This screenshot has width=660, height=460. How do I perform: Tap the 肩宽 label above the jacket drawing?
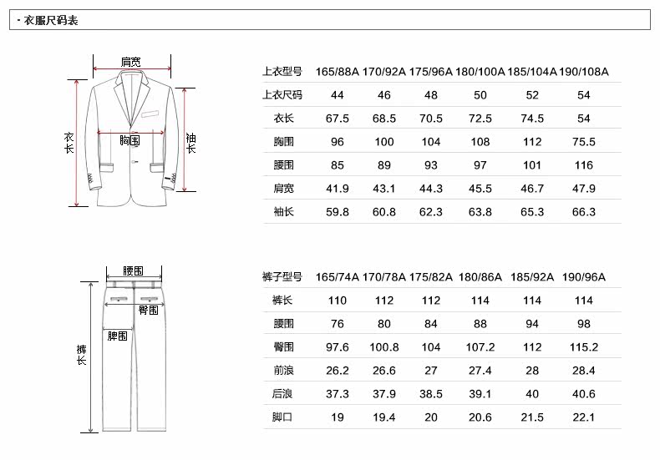tap(130, 62)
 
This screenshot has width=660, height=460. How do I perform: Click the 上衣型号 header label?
tap(282, 72)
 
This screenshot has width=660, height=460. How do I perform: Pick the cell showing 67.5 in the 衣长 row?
tap(338, 119)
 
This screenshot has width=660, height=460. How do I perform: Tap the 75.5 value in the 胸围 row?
tap(584, 142)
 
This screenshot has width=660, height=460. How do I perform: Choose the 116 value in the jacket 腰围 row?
tap(584, 165)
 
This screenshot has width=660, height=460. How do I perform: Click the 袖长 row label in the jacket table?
tap(283, 212)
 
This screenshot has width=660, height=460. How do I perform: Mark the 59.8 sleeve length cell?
tap(338, 212)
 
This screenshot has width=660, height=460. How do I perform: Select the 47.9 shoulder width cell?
tap(584, 189)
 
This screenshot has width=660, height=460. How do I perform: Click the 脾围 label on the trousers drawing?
tap(118, 336)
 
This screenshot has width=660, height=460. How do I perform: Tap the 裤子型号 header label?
tap(282, 276)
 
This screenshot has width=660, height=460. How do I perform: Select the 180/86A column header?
tap(480, 276)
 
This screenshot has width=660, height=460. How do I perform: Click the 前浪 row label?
tap(283, 370)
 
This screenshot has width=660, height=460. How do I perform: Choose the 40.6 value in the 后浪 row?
tap(584, 393)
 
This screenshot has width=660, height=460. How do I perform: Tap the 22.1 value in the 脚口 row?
tap(584, 417)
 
